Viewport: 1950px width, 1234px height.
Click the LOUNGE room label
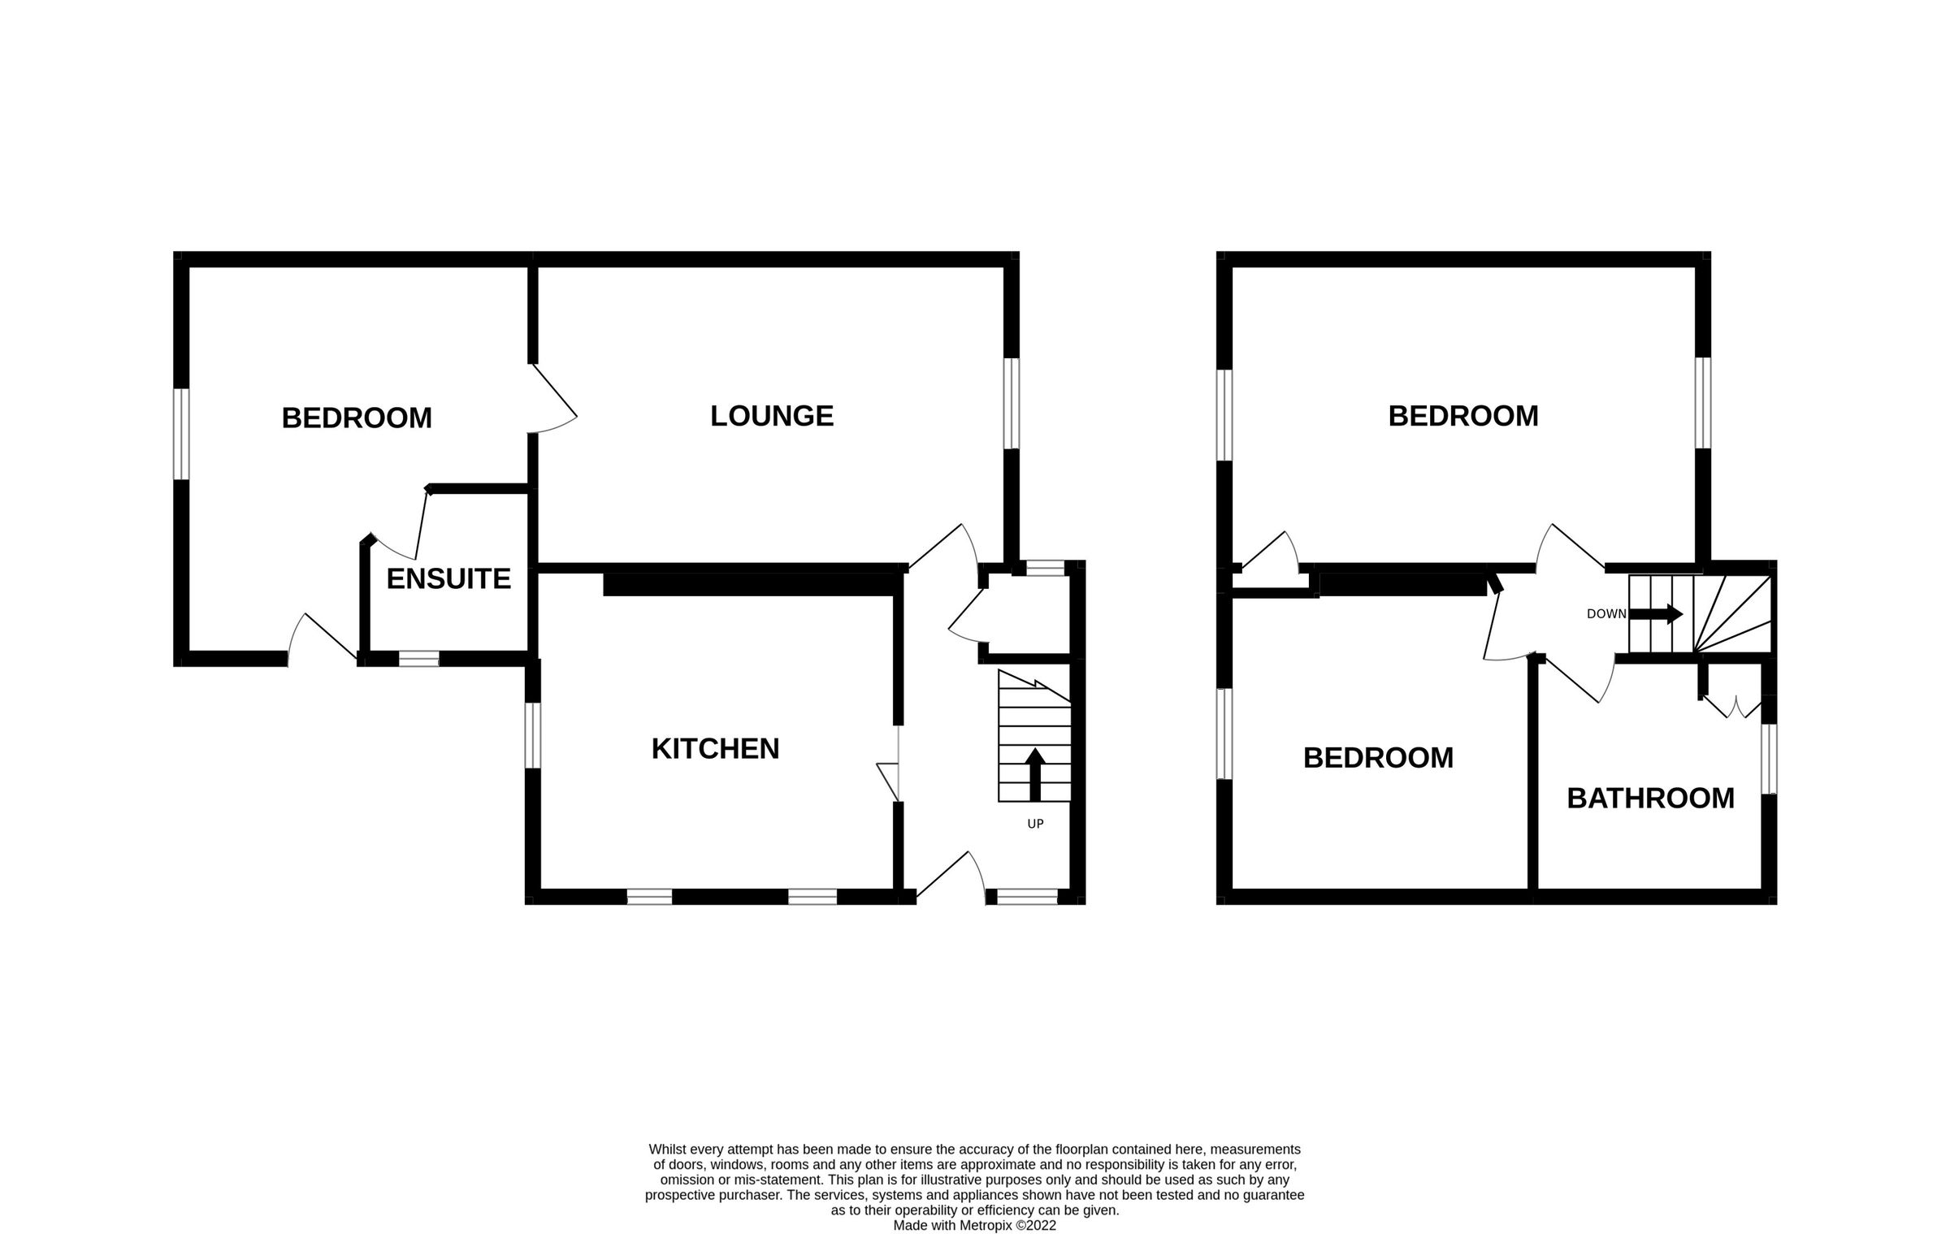771,416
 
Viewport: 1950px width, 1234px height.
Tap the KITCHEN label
715,748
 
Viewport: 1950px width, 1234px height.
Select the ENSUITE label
448,578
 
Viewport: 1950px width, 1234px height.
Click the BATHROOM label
1650,798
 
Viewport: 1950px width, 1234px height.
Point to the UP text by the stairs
1035,824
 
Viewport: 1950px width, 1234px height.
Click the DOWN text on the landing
1606,614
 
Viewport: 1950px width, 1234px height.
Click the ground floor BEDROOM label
357,418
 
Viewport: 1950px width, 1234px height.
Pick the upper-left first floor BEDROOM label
1462,416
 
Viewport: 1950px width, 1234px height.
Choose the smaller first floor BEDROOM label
1378,757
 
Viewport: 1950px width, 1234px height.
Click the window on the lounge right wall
1011,403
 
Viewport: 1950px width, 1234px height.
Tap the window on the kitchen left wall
532,735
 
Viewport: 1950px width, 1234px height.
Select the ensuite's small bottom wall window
418,659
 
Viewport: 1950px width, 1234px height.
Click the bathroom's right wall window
1768,758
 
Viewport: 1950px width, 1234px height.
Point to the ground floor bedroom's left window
182,434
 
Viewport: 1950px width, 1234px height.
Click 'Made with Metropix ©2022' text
974,1226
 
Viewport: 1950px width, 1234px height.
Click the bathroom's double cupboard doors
1732,707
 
